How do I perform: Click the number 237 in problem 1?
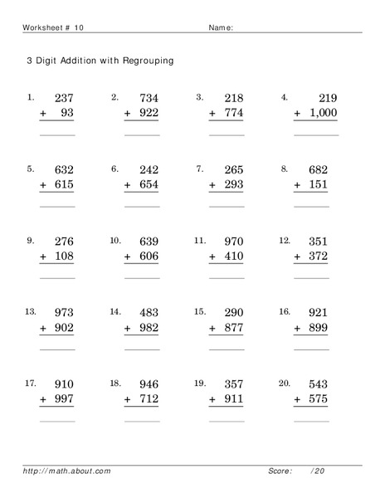pos(63,98)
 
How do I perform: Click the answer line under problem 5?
pos(57,206)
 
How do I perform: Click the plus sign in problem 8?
pos(298,186)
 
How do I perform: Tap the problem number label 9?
pos(31,241)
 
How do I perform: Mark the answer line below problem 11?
pos(227,277)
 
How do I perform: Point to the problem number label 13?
pos(32,312)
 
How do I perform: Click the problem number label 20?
pos(285,383)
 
